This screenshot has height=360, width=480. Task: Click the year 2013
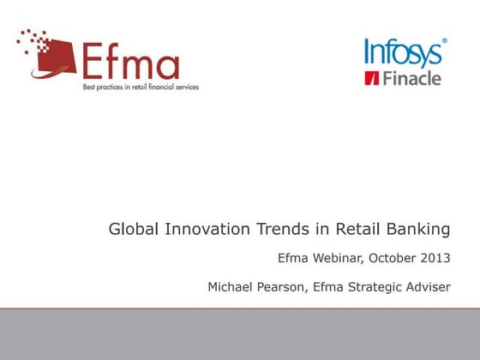(x=435, y=257)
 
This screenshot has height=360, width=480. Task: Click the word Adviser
(x=429, y=286)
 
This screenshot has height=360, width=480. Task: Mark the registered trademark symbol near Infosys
(x=444, y=40)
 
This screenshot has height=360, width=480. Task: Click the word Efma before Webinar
(x=295, y=257)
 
